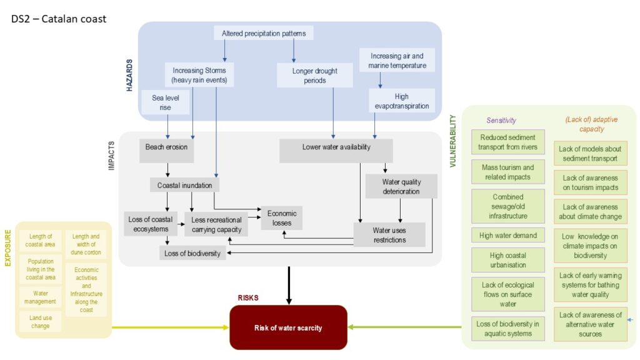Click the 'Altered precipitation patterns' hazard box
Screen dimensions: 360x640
tap(263, 32)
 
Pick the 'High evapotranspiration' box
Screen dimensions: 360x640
tap(401, 101)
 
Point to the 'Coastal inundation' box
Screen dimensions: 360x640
tap(184, 186)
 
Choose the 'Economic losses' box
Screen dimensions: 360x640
tap(282, 218)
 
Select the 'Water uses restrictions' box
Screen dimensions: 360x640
tap(389, 235)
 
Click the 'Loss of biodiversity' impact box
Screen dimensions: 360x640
tap(192, 253)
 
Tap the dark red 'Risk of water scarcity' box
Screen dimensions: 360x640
tap(288, 327)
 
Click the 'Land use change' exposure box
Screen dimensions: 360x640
tap(40, 321)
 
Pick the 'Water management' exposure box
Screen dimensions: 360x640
tap(40, 297)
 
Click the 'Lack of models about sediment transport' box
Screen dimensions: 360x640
tap(590, 153)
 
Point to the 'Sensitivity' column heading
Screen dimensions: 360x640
tap(501, 120)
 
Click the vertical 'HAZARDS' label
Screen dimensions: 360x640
tap(130, 76)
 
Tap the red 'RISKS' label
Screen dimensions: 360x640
tap(248, 298)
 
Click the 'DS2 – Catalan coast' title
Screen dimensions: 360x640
tap(59, 19)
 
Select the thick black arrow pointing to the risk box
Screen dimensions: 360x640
tap(289, 285)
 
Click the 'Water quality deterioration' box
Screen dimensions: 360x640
tap(401, 186)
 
